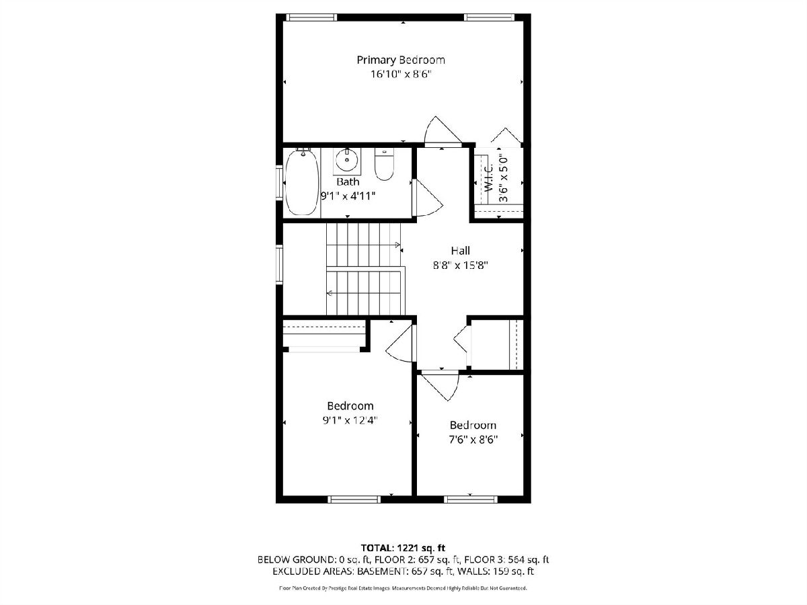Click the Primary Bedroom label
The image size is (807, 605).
tap(401, 60)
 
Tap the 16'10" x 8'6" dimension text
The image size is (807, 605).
tap(401, 74)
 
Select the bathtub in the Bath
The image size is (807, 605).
tap(302, 182)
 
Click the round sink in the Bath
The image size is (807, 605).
tap(347, 161)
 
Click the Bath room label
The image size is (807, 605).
tap(348, 182)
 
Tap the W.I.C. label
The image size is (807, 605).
tap(489, 177)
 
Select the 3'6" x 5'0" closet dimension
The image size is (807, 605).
tap(503, 177)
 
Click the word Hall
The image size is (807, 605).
tap(460, 251)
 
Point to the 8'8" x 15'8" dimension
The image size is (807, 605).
tap(460, 265)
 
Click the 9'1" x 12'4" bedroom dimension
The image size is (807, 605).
tap(350, 420)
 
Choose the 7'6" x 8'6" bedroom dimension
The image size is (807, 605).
tap(473, 439)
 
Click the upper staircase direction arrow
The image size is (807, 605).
tap(397, 245)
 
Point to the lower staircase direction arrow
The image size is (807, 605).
tap(330, 293)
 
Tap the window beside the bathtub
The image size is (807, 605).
tap(279, 183)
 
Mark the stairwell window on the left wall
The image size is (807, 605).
tap(279, 264)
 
